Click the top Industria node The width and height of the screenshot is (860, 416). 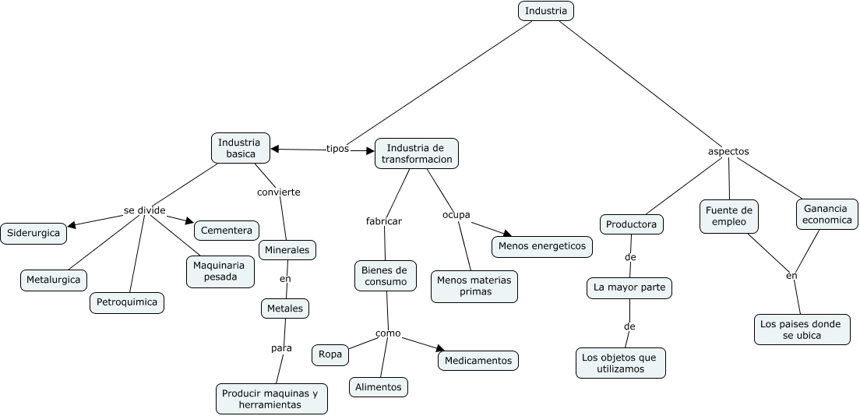(545, 11)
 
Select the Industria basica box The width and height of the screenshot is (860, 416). (241, 147)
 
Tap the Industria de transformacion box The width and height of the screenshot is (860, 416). (417, 153)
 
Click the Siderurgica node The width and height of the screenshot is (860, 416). (33, 233)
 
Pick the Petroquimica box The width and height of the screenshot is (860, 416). (126, 302)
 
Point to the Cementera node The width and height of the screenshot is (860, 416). (226, 231)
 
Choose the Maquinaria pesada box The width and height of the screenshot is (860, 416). (220, 271)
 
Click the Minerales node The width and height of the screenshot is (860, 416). (287, 250)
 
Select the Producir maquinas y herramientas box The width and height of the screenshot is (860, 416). (271, 399)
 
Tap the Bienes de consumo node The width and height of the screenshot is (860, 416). (386, 276)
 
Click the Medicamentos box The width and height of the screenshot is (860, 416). (478, 361)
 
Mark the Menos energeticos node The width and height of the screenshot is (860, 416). (541, 246)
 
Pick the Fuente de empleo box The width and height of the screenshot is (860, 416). (728, 216)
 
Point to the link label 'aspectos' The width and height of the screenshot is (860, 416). (728, 151)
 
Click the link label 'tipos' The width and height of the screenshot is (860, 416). (337, 149)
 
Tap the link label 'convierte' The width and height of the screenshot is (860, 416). (279, 192)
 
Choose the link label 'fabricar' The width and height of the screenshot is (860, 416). (384, 221)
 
